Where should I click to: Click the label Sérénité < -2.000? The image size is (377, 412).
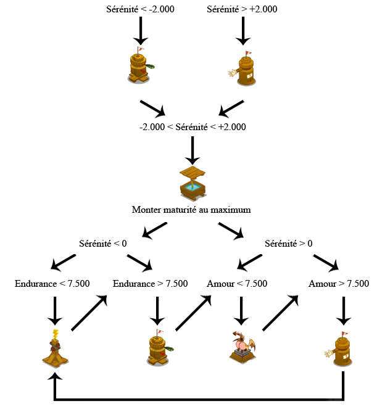[x=142, y=9]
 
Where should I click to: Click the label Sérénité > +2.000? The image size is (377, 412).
[x=242, y=9]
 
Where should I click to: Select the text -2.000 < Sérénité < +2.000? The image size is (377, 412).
[x=193, y=127]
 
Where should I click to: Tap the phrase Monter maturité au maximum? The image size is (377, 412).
[x=192, y=210]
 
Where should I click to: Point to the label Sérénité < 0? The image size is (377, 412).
[x=103, y=243]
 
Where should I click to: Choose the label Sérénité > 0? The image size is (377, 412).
[x=288, y=243]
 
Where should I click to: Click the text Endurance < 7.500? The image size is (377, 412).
[x=52, y=284]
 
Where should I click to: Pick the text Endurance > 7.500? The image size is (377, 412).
[x=151, y=284]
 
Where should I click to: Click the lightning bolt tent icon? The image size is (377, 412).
[x=55, y=349]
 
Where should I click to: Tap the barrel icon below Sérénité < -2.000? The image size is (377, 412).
[x=141, y=65]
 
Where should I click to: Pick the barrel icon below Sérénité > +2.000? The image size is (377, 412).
[x=243, y=68]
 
